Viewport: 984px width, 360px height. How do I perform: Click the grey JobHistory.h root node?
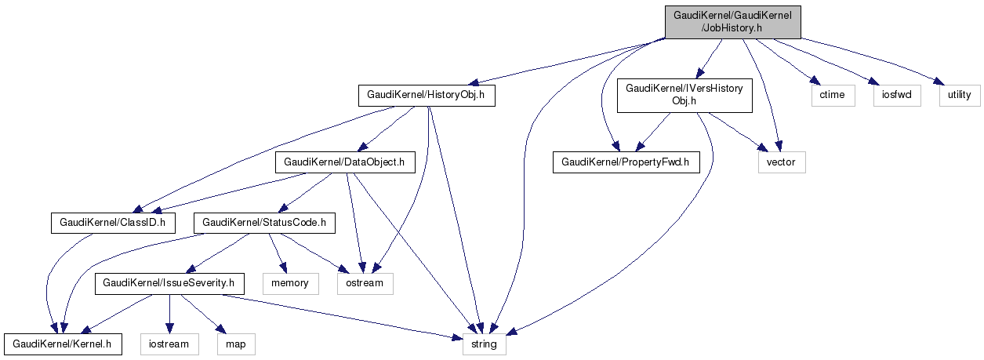tap(733, 21)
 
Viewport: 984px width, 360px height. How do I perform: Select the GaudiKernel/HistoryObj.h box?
tap(427, 96)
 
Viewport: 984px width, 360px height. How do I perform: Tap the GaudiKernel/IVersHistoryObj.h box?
tap(684, 96)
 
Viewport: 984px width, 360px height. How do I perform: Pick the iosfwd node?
tap(895, 96)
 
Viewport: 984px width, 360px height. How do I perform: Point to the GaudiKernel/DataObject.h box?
tap(344, 163)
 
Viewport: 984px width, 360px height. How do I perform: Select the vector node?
tap(781, 163)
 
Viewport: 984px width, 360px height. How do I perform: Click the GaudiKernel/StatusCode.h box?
tap(264, 223)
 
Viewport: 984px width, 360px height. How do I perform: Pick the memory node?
tap(290, 282)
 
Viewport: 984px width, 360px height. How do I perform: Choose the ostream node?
tap(365, 282)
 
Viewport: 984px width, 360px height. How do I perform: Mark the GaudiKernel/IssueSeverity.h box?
tap(170, 282)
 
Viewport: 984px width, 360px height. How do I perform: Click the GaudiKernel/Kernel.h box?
tap(63, 343)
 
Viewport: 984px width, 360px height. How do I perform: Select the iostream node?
tap(169, 343)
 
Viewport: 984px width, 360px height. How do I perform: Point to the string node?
tap(485, 343)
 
